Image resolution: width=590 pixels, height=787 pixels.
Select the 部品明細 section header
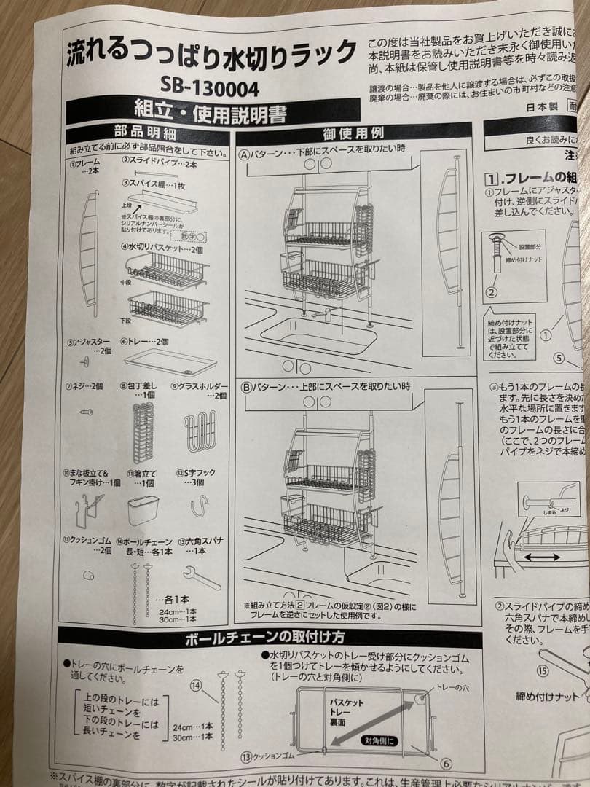145,134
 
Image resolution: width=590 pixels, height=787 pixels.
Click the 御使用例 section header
353,134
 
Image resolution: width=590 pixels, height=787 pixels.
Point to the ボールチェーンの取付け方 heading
266,640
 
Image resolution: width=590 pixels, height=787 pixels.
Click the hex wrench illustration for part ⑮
202,578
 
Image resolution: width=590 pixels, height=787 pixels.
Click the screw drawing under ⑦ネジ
86,412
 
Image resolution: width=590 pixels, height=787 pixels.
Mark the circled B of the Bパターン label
245,387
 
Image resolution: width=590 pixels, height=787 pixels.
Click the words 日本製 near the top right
542,106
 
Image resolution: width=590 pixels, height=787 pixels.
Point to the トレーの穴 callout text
456,687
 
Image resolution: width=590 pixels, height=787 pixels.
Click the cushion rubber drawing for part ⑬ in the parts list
88,575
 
